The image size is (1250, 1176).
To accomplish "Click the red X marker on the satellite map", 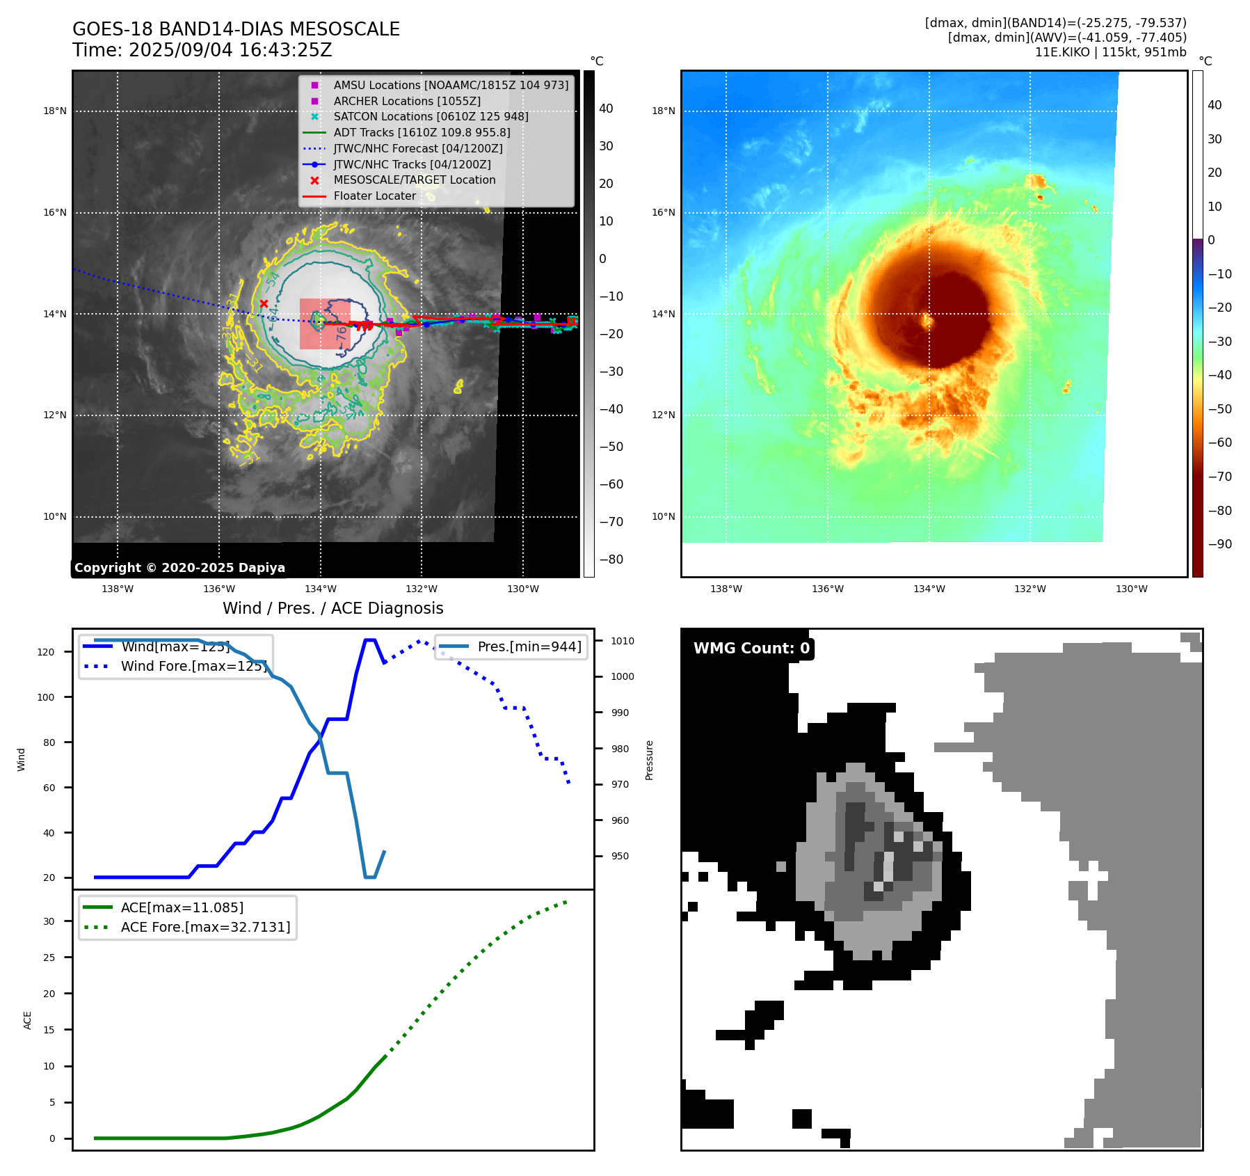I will point(264,303).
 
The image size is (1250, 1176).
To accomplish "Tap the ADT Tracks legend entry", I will point(422,132).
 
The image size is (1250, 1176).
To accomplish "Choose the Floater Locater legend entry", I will point(374,196).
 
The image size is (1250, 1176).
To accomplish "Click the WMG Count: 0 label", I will point(751,649).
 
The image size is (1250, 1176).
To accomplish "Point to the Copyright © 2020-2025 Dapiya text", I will point(179,568).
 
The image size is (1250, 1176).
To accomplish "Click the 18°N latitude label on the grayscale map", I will point(55,111).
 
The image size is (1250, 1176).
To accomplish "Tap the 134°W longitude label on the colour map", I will point(929,589).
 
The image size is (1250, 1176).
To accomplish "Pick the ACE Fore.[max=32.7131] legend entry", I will point(205,927).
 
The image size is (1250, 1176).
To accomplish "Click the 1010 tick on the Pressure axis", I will point(623,641).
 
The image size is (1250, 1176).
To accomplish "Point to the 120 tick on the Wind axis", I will point(46,652).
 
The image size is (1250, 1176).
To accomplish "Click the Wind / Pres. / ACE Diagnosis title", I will point(332,608).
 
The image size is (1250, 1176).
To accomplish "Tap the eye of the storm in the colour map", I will point(927,321).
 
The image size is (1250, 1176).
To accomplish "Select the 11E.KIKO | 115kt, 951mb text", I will point(1110,52).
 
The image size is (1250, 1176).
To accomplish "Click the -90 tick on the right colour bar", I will point(1219,544).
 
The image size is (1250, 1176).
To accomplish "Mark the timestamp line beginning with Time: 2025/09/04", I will point(202,50).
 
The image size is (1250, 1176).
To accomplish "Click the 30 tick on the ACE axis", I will point(49,921).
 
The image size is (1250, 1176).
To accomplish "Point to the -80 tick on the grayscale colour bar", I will point(611,559).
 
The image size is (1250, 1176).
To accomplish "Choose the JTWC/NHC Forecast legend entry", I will point(417,148).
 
